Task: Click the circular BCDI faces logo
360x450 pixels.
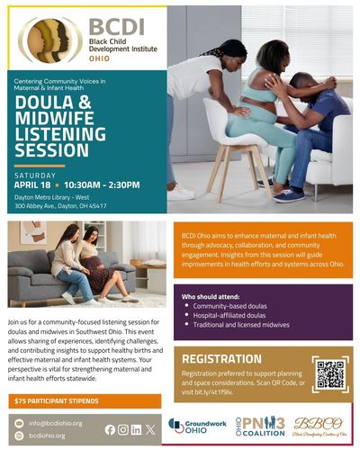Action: tap(49, 40)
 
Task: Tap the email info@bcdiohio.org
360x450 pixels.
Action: tap(55, 422)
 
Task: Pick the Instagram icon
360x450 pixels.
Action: tap(123, 429)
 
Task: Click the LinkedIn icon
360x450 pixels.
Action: tap(136, 429)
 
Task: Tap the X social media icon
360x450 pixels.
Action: tap(149, 429)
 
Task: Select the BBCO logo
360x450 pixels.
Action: tap(319, 425)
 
